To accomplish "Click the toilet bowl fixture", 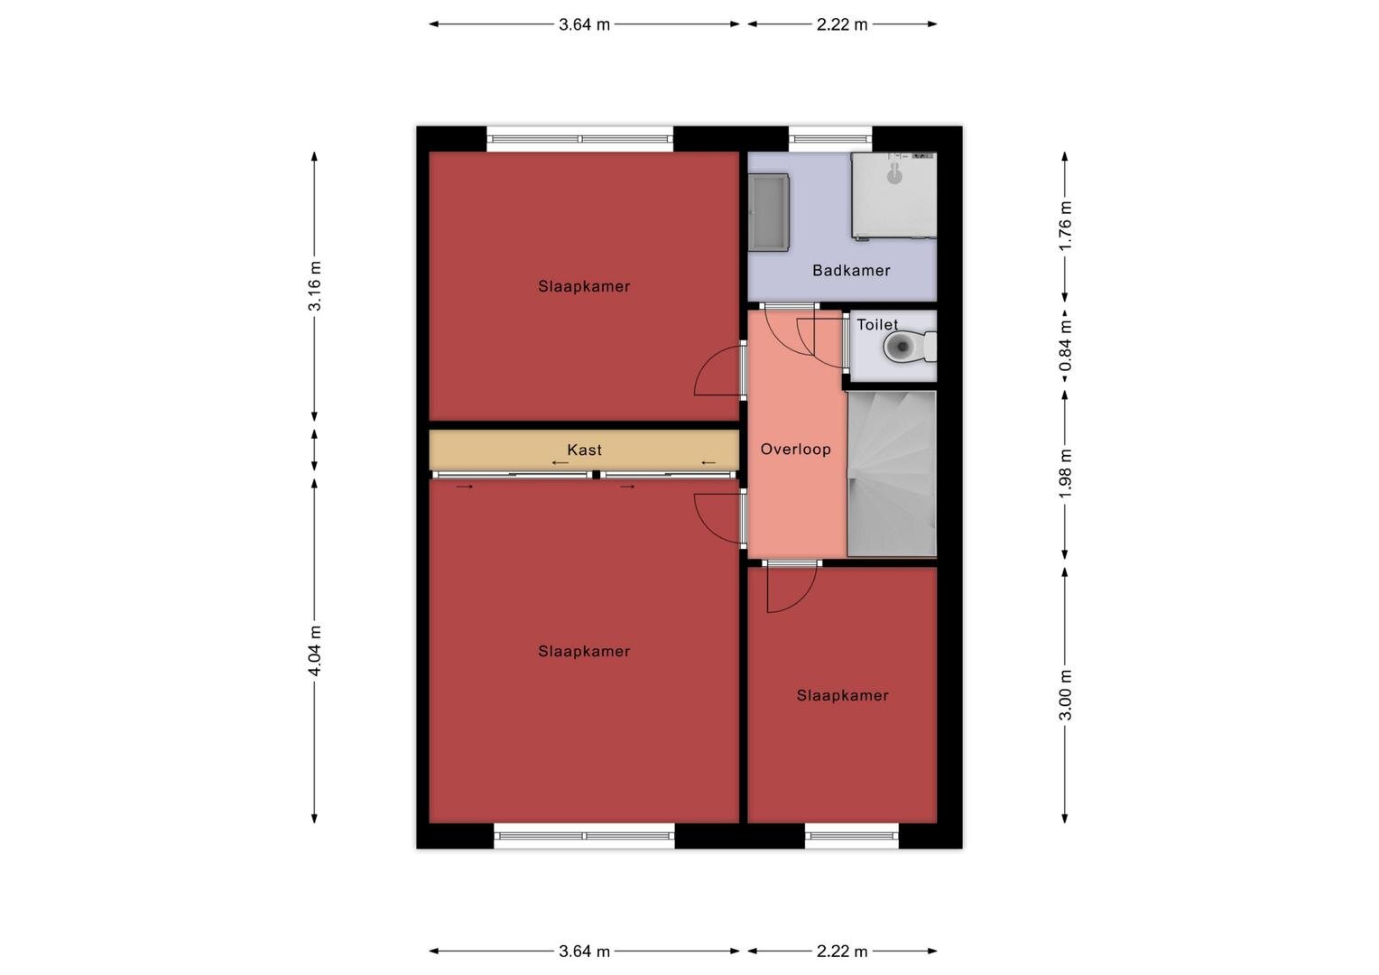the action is [x=910, y=348].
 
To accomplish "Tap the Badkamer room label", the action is [x=851, y=271].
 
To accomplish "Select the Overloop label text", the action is [x=795, y=449].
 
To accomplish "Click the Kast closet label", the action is [x=584, y=450].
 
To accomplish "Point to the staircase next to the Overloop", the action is [x=892, y=474].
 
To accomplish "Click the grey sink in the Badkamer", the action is [x=768, y=212].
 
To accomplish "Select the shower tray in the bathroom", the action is [x=893, y=195].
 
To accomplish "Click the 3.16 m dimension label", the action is [x=315, y=286].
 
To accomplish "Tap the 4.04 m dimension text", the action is [x=315, y=650].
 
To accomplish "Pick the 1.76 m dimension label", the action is [x=1065, y=226].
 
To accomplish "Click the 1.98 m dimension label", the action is [x=1065, y=474].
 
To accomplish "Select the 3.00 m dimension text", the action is [x=1065, y=695].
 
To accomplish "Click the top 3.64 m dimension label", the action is [x=584, y=24].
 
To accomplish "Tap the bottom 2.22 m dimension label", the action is [x=842, y=952].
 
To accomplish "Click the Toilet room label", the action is [x=877, y=325].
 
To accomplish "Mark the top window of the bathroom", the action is [x=830, y=139].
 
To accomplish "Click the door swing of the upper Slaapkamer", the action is [x=717, y=370].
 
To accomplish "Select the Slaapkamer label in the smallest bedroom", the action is [x=842, y=695].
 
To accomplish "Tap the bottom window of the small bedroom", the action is [x=852, y=836].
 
